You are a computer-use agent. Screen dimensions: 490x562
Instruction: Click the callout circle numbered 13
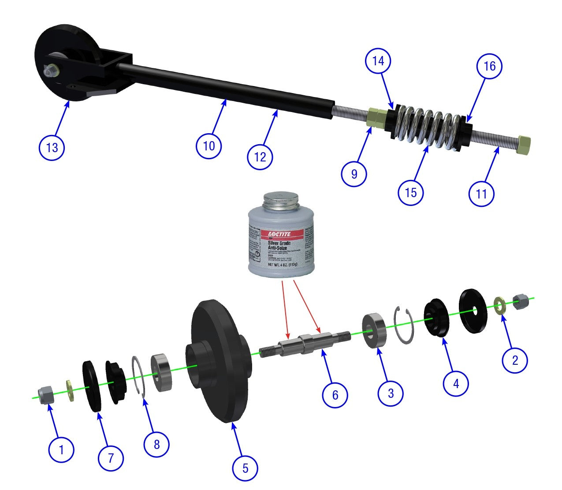[52, 147]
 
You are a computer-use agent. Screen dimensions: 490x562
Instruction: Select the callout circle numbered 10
[209, 146]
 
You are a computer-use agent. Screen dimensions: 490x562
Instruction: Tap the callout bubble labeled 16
[489, 66]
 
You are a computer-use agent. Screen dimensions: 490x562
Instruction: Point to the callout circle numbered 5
[245, 468]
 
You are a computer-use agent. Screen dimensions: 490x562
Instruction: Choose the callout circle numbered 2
[515, 360]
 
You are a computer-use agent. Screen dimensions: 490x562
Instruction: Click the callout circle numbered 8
[156, 444]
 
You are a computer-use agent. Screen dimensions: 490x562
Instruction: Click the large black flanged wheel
[218, 362]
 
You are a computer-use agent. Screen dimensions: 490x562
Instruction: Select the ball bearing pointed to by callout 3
[374, 330]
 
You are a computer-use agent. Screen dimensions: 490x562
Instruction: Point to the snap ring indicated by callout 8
[139, 375]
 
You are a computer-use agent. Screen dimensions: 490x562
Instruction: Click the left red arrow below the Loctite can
[284, 309]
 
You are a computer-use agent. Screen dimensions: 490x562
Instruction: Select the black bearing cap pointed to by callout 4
[435, 318]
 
